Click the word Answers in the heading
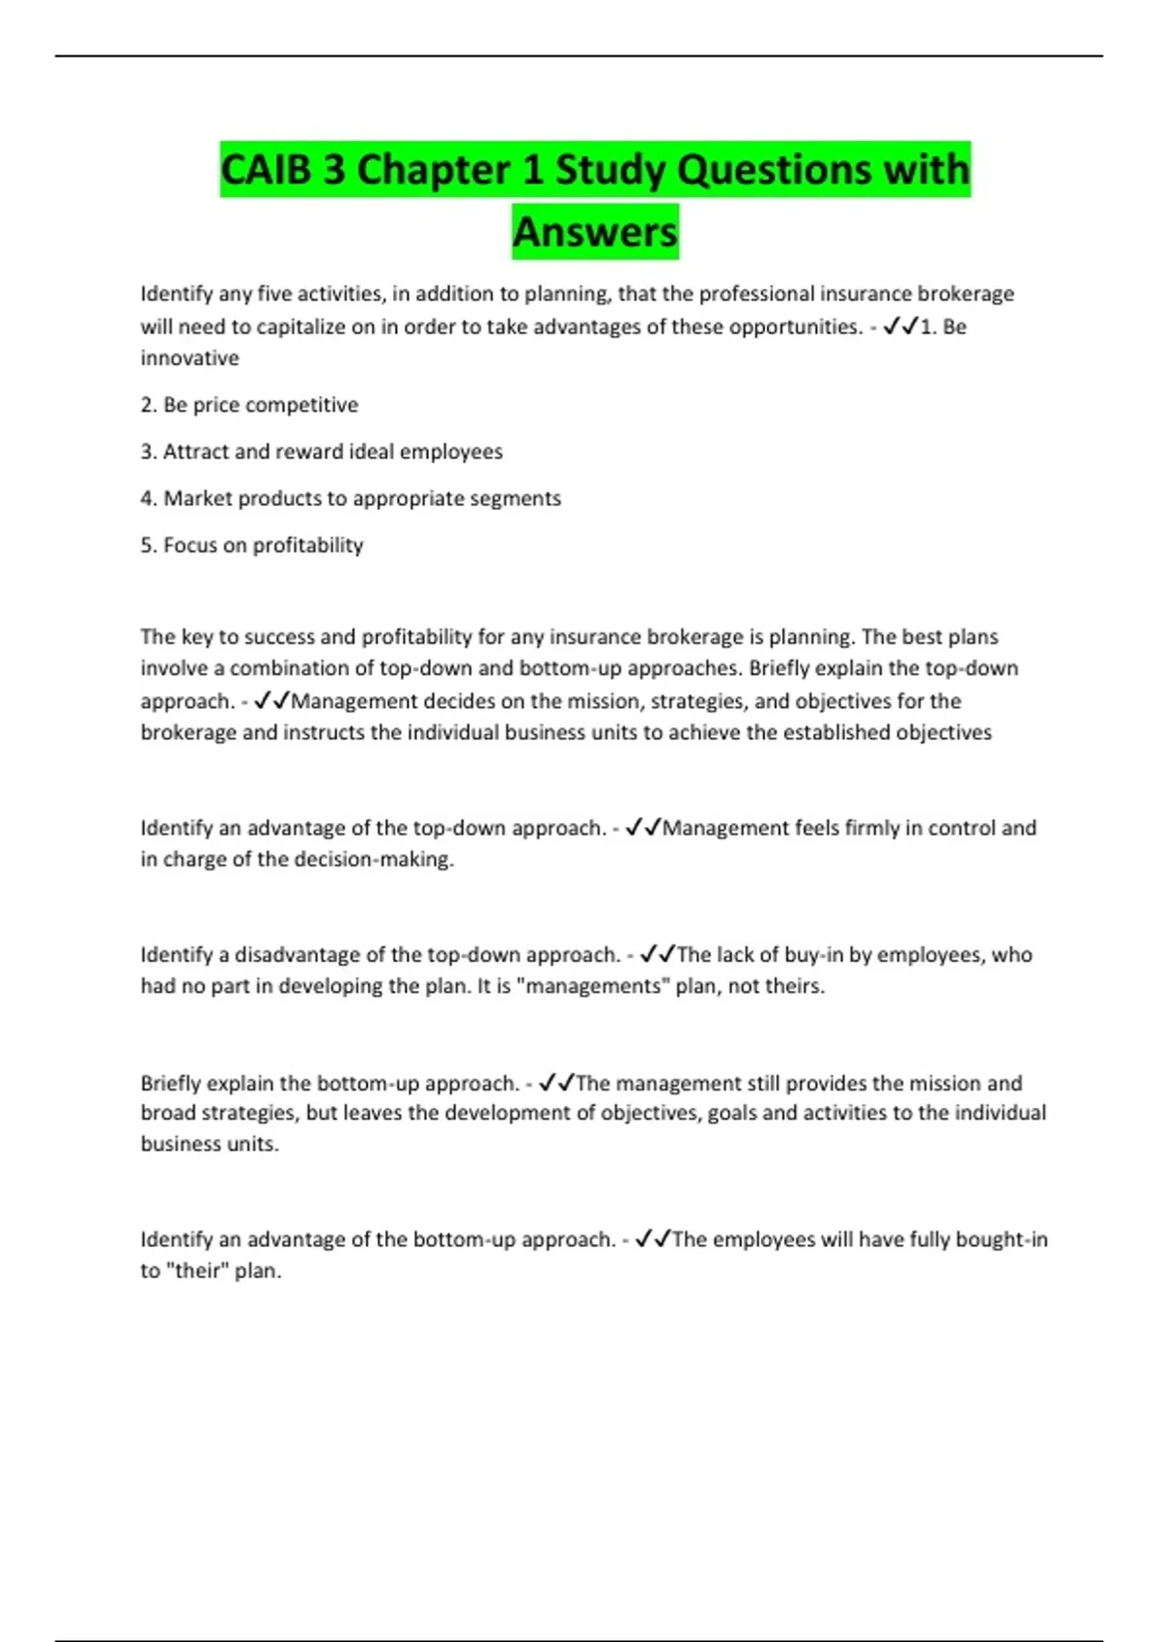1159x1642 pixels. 595,232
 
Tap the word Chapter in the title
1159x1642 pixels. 434,170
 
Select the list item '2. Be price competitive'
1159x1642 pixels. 249,405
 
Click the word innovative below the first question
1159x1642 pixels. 189,358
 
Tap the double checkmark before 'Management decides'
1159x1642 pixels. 272,701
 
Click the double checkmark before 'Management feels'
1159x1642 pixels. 643,828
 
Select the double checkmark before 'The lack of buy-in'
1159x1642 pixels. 658,954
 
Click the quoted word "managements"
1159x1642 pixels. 593,986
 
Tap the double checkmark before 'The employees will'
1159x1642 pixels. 653,1239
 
